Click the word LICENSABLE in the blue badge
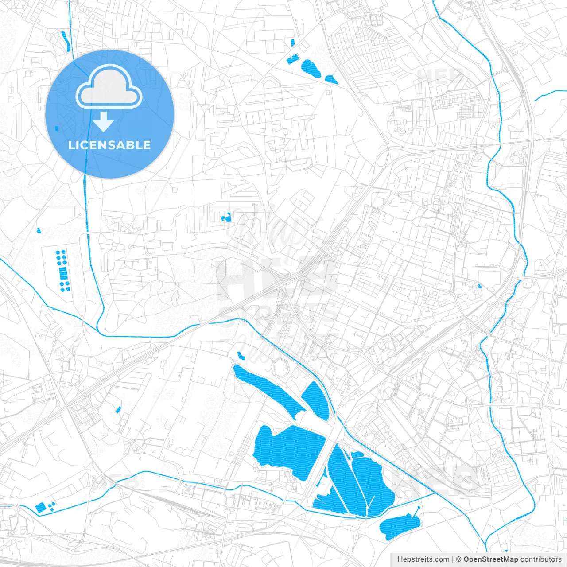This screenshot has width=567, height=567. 109,145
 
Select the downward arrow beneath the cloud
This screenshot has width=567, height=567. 104,122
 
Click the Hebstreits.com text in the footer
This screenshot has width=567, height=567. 423,559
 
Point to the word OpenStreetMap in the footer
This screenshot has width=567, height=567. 490,559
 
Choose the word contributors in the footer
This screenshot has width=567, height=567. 541,559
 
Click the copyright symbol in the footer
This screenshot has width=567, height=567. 458,559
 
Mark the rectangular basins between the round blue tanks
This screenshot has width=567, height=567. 62,271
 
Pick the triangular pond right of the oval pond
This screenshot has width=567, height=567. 331,80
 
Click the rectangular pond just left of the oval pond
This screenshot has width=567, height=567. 293,59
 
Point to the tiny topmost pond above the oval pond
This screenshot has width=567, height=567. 292,43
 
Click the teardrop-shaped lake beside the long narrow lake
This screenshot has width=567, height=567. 317,401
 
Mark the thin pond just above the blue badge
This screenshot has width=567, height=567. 66,40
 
